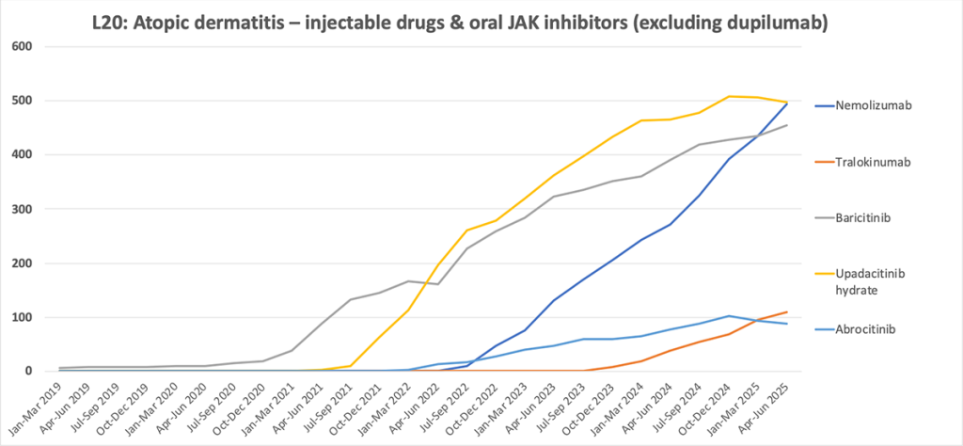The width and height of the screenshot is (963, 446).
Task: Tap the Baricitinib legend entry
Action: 861,217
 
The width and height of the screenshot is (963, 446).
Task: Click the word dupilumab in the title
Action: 776,22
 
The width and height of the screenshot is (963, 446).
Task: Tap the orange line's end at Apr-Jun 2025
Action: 786,312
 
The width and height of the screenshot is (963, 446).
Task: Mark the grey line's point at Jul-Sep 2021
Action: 350,300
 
